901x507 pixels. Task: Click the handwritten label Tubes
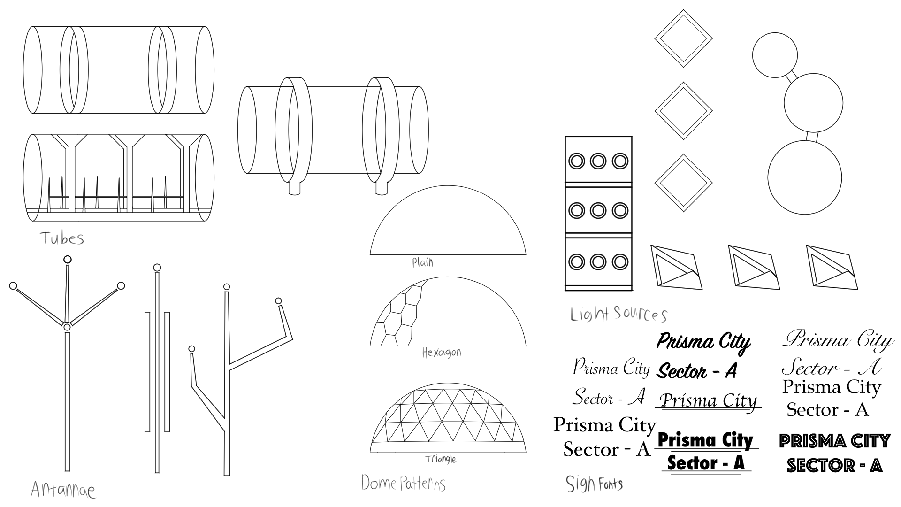pyautogui.click(x=62, y=238)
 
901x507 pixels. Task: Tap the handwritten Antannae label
pyautogui.click(x=63, y=490)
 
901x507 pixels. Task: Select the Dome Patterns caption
pyautogui.click(x=403, y=483)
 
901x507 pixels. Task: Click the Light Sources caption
pyautogui.click(x=618, y=314)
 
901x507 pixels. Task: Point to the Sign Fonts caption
pyautogui.click(x=594, y=484)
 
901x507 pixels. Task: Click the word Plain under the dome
pyautogui.click(x=422, y=262)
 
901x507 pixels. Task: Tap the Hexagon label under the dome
pyautogui.click(x=441, y=352)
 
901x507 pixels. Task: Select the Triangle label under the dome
pyautogui.click(x=440, y=459)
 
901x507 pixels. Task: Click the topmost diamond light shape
pyautogui.click(x=683, y=39)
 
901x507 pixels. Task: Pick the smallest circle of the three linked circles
pyautogui.click(x=775, y=55)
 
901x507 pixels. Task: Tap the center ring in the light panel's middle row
pyautogui.click(x=598, y=211)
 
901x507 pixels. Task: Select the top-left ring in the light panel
pyautogui.click(x=576, y=161)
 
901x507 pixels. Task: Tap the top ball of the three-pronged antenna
pyautogui.click(x=68, y=259)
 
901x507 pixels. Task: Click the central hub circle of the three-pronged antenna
pyautogui.click(x=67, y=327)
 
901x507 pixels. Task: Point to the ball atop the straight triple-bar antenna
pyautogui.click(x=157, y=268)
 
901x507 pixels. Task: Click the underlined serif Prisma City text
pyautogui.click(x=709, y=400)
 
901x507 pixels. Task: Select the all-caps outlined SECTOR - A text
pyautogui.click(x=834, y=465)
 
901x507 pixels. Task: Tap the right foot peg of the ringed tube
pyautogui.click(x=382, y=188)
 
